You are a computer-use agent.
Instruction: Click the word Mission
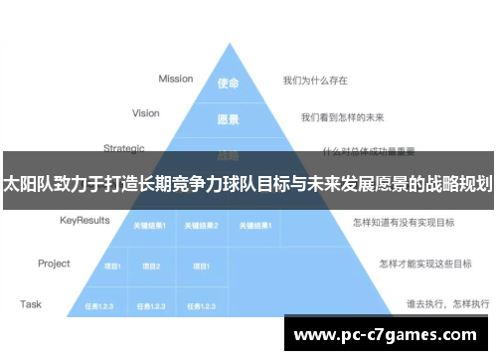(x=175, y=79)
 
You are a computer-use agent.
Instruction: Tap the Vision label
(x=145, y=113)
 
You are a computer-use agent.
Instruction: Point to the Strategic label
(x=124, y=149)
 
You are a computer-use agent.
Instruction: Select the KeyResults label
(x=83, y=219)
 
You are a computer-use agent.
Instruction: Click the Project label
(x=54, y=264)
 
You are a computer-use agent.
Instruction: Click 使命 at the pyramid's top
(x=228, y=84)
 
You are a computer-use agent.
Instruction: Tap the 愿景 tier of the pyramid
(x=228, y=119)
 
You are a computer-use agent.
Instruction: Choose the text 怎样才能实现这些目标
(x=416, y=265)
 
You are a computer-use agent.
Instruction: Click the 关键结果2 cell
(x=202, y=226)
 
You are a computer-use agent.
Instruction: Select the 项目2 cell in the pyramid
(x=151, y=266)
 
